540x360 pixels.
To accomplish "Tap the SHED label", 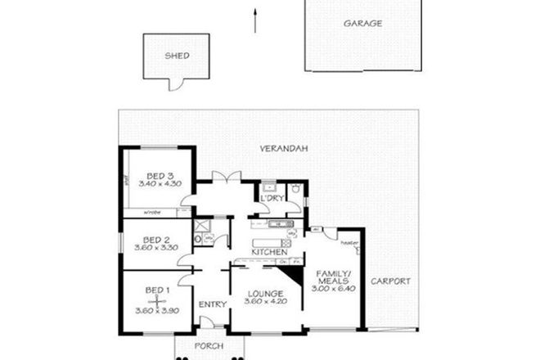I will [177, 56].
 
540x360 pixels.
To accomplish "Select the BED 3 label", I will [160, 176].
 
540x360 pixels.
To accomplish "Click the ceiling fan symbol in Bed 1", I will [153, 301].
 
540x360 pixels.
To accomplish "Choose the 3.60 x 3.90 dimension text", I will [155, 311].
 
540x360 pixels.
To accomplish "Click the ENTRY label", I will [212, 304].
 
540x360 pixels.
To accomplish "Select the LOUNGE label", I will [268, 294].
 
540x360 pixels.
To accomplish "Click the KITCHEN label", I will [269, 252].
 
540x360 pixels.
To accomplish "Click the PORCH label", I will [209, 345].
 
